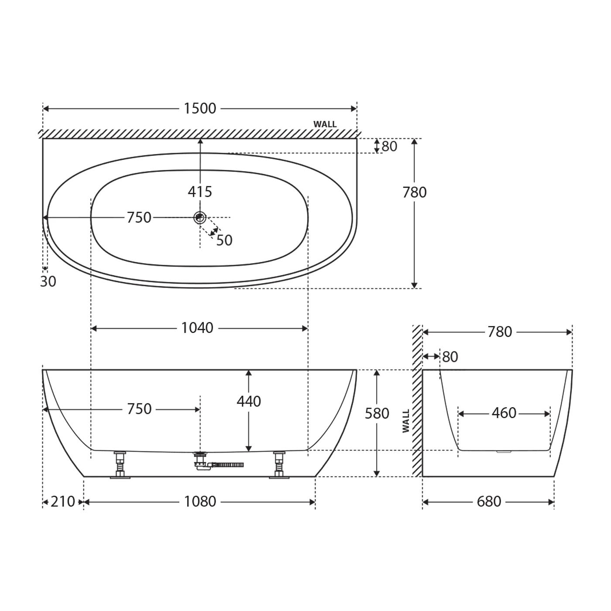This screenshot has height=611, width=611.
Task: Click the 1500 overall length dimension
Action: tap(200, 108)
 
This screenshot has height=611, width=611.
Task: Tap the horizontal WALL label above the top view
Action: tap(325, 124)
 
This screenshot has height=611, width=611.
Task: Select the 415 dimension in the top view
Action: tap(200, 192)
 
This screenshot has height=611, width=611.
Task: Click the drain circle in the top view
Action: tap(200, 217)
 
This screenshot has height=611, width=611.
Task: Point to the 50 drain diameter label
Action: tap(224, 240)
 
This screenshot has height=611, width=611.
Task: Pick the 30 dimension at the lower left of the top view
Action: tap(48, 282)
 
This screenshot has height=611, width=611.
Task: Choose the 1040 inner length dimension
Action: tap(197, 328)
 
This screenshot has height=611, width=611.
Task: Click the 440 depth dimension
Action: tap(249, 401)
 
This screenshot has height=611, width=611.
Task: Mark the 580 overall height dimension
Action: tap(377, 413)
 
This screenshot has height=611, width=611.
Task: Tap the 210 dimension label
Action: tap(63, 502)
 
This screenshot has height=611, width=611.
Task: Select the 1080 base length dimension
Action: tap(200, 502)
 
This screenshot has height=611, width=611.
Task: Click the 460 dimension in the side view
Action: tap(504, 413)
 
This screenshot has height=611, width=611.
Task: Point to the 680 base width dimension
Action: tap(489, 502)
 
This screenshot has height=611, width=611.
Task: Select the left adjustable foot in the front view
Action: tap(120, 465)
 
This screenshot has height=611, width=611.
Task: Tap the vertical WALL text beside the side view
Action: tap(406, 421)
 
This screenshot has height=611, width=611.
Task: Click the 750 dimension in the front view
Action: tap(139, 409)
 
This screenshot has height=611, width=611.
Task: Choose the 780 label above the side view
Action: tap(500, 332)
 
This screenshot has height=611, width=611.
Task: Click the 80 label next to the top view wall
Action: tap(389, 147)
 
